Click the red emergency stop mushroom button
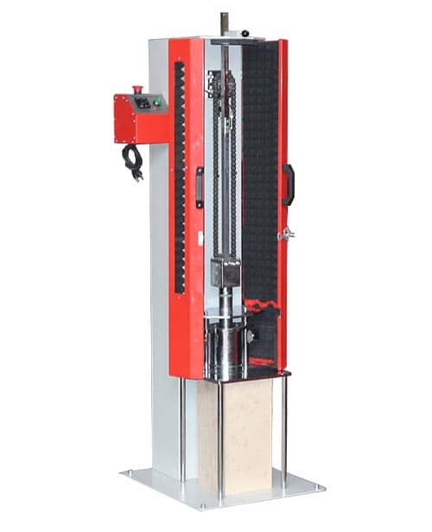tap(139, 90)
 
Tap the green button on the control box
tap(156, 102)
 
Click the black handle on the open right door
tap(289, 184)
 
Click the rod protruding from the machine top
tap(224, 23)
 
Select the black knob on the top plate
tap(245, 34)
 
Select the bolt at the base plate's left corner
tap(130, 473)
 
